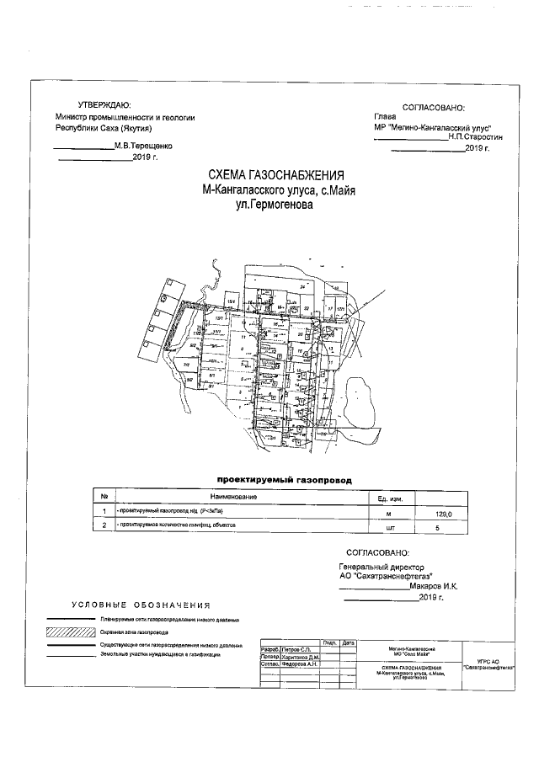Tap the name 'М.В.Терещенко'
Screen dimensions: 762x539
[142, 146]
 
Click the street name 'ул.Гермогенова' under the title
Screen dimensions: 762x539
[273, 203]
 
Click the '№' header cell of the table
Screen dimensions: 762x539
[103, 498]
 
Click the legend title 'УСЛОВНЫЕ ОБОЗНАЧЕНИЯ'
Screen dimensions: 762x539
[141, 605]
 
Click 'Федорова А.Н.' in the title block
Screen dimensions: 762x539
[299, 663]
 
